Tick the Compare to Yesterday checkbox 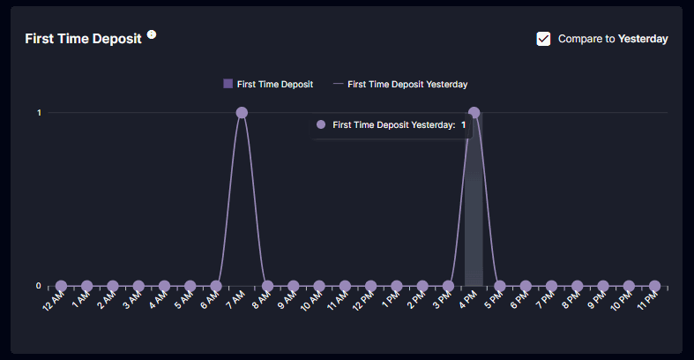[543, 39]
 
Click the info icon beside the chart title [152, 34]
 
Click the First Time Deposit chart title [83, 39]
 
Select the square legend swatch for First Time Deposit [228, 84]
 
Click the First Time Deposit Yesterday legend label [407, 84]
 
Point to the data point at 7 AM [242, 113]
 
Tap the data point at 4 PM [474, 113]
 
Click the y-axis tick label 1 [39, 113]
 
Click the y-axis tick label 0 [39, 286]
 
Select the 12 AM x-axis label [53, 301]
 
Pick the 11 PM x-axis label [647, 301]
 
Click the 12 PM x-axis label [363, 301]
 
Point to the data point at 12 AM [61, 286]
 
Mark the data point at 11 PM [654, 286]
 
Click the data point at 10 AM [319, 286]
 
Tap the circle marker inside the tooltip [321, 125]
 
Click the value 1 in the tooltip [464, 125]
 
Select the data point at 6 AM [216, 286]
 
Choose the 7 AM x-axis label [235, 300]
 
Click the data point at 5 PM [500, 286]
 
